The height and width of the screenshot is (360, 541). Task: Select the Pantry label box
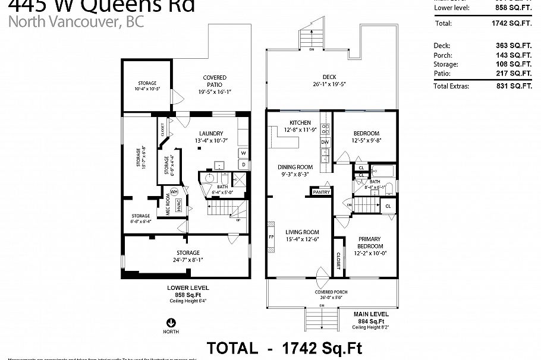tap(322, 192)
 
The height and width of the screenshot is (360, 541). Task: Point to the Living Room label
tap(303, 232)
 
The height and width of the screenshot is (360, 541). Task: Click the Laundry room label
tap(211, 134)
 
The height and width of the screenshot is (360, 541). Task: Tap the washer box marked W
tap(244, 153)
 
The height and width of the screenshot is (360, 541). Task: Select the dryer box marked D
tap(244, 165)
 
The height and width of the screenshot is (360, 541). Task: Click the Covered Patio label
tap(214, 78)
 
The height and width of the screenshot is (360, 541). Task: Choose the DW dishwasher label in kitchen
tap(325, 143)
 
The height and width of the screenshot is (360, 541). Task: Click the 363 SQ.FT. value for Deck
tap(514, 45)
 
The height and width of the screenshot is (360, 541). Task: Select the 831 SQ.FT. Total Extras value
tap(514, 86)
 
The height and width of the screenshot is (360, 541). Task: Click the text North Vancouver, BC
tap(76, 23)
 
